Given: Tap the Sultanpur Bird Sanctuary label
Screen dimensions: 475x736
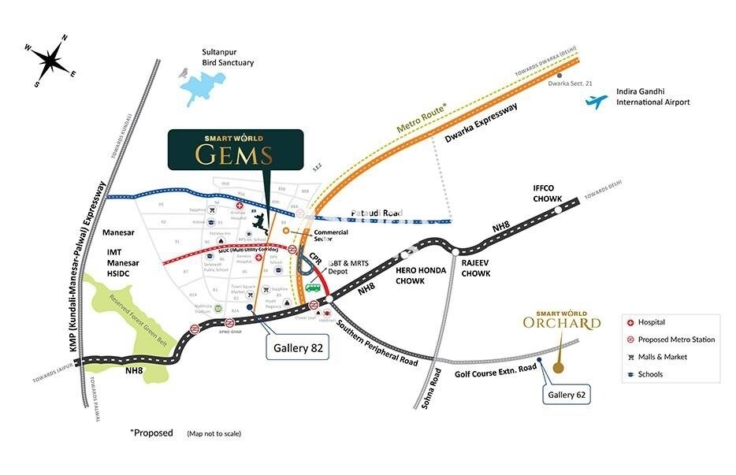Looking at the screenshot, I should point(228,58).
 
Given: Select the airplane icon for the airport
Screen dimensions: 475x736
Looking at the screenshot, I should point(597,102).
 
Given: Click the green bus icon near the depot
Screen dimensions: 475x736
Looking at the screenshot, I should point(313,286).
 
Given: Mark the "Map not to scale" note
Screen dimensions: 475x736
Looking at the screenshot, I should point(214,434).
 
